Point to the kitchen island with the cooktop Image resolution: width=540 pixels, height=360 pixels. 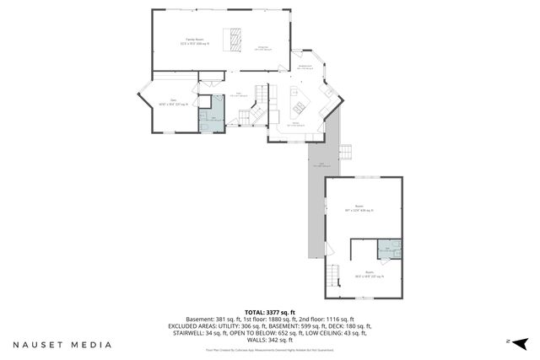click(x=298, y=104)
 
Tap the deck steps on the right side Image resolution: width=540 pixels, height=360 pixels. click(x=344, y=152)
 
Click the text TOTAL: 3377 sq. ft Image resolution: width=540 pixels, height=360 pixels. click(x=269, y=311)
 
